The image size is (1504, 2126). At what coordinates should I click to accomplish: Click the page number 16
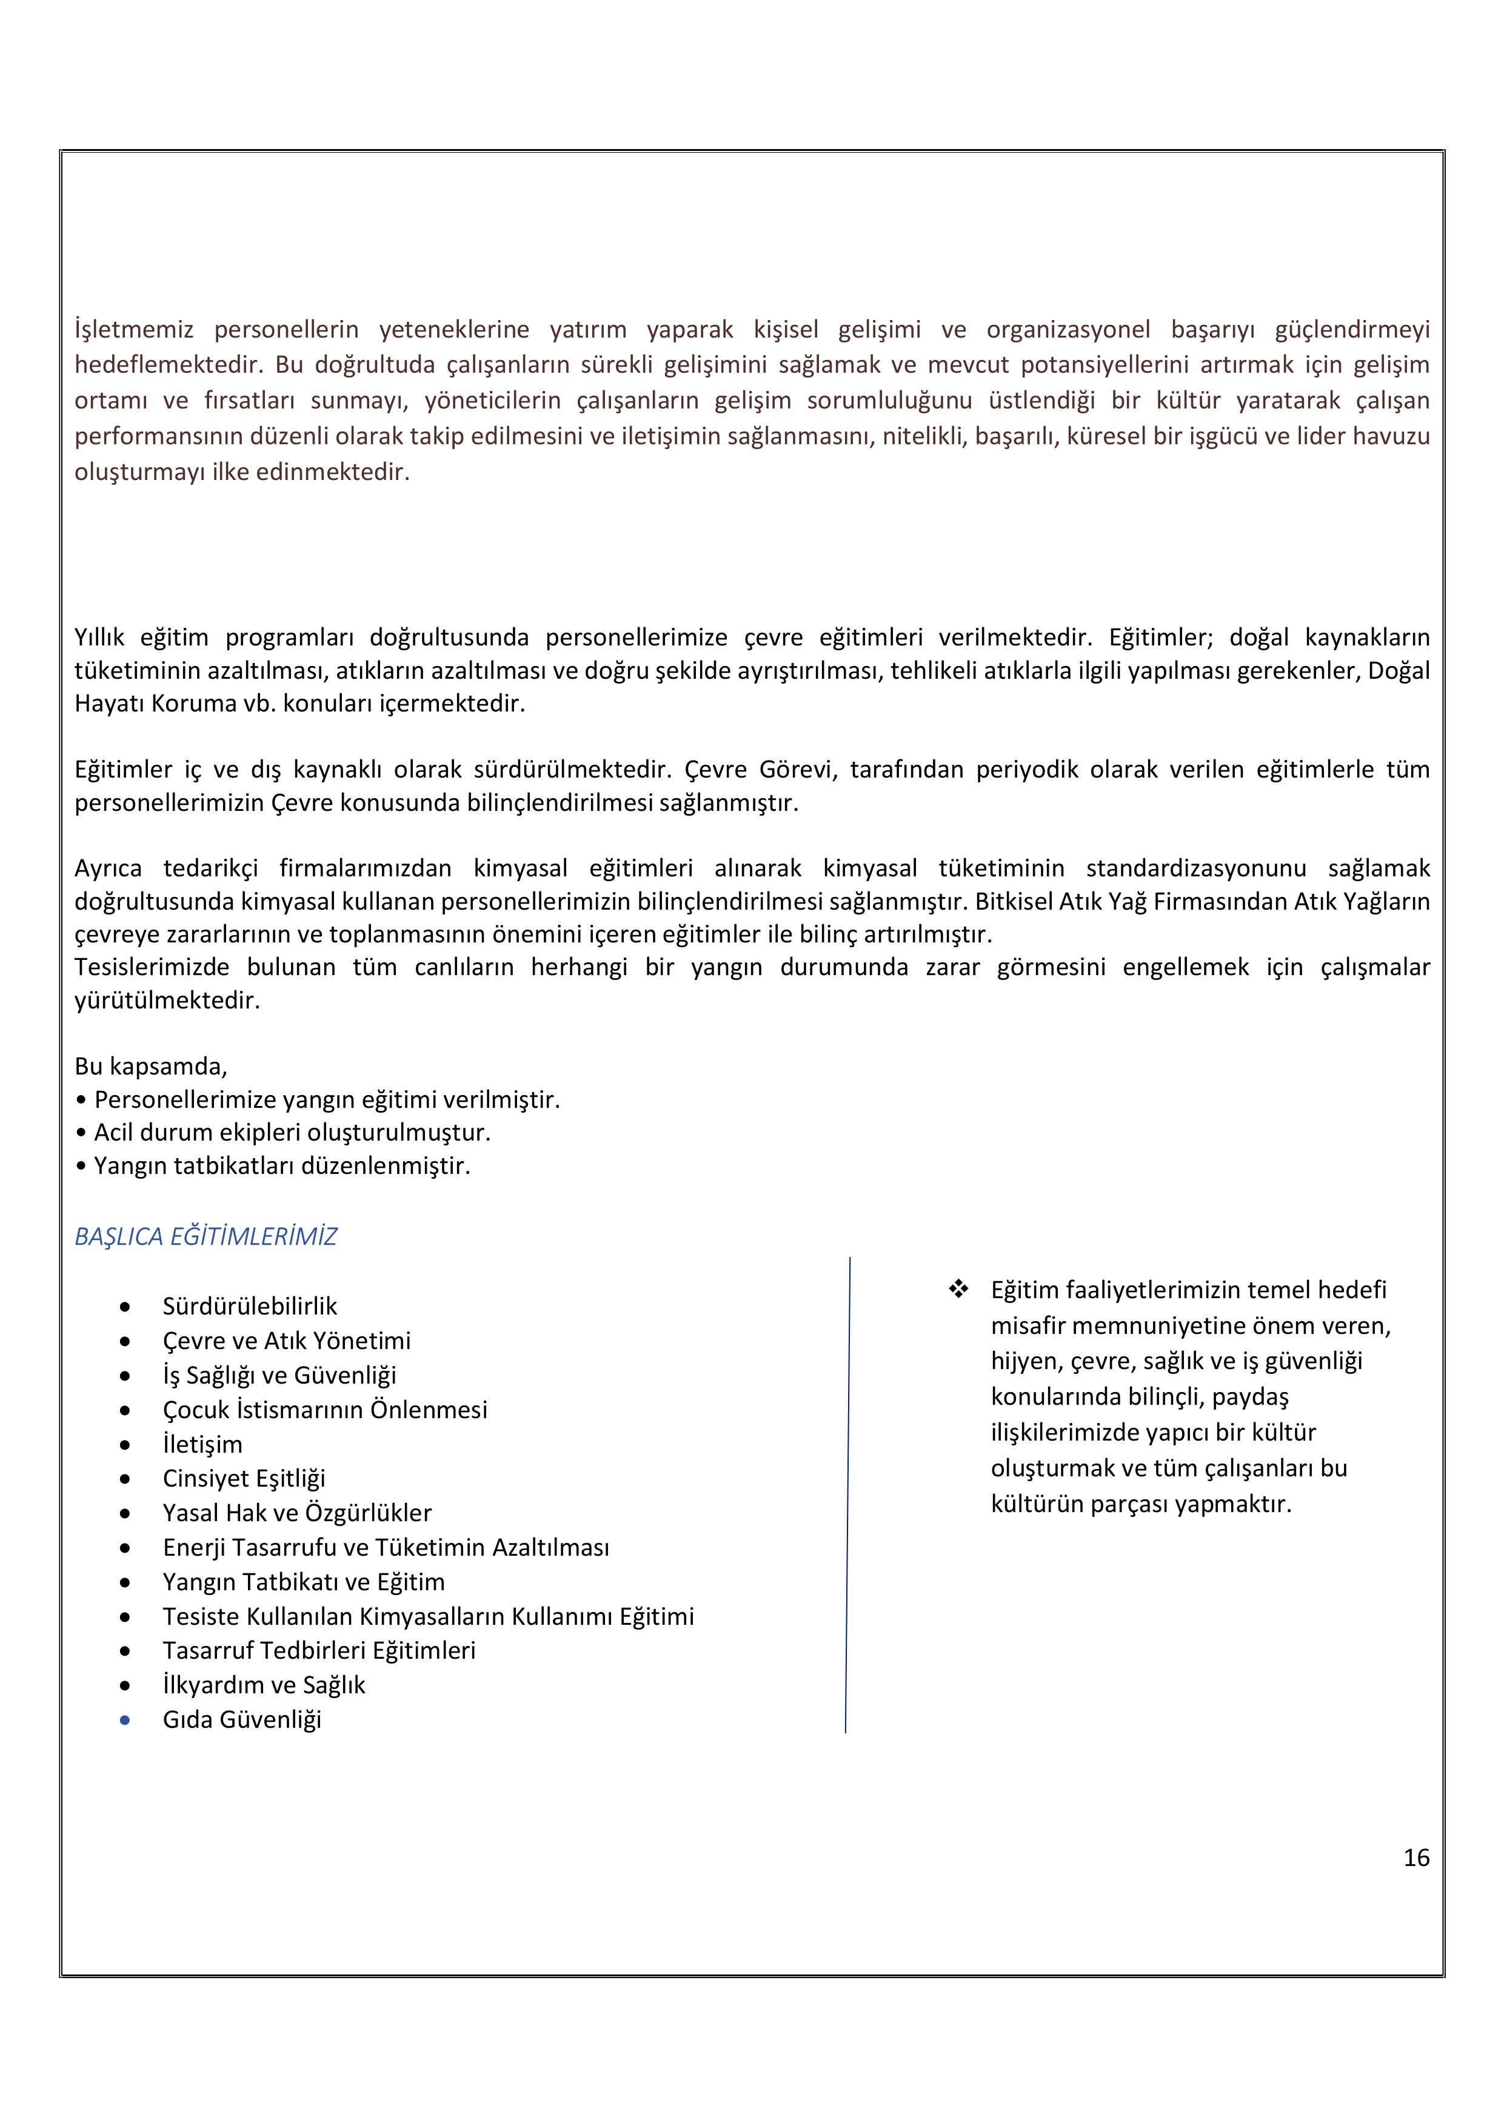pyautogui.click(x=1416, y=1858)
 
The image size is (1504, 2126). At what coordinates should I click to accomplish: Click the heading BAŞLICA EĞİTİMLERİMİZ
pyautogui.click(x=206, y=1236)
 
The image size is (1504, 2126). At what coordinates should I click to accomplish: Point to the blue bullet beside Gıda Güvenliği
pyautogui.click(x=125, y=1721)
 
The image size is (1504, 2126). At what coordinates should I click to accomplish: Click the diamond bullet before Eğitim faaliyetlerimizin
pyautogui.click(x=958, y=1289)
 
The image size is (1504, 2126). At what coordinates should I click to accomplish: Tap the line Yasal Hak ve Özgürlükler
pyautogui.click(x=296, y=1513)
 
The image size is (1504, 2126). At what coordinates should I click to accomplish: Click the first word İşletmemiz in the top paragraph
pyautogui.click(x=135, y=330)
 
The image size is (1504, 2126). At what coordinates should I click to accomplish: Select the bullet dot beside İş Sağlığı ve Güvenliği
pyautogui.click(x=125, y=1376)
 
